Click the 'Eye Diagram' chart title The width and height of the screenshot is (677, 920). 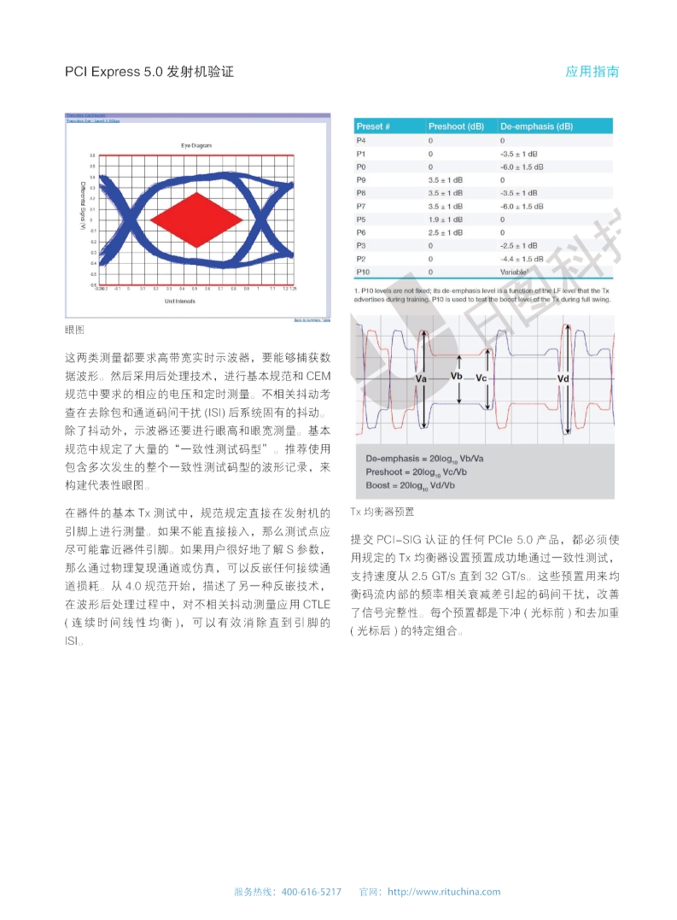tap(196, 145)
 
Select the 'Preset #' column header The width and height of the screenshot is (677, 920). tap(373, 126)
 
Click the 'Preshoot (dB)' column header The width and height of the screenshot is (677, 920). tap(456, 126)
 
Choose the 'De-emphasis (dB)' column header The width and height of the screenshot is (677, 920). tap(536, 126)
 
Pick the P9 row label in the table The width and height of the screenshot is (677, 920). tap(361, 180)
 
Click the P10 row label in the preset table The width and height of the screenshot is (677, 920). tap(363, 272)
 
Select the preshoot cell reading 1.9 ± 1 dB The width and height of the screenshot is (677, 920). tap(446, 220)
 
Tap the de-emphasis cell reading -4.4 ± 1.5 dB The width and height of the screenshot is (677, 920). tap(522, 258)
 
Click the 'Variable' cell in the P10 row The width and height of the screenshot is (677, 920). tap(514, 272)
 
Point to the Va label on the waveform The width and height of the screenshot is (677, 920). tap(421, 378)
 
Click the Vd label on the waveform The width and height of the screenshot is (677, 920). tap(563, 378)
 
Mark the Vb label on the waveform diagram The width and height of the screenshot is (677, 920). tap(457, 376)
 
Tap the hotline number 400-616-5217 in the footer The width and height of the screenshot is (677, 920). tap(311, 892)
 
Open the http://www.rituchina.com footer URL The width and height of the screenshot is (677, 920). tap(444, 892)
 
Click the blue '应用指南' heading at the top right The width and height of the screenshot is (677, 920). tap(592, 72)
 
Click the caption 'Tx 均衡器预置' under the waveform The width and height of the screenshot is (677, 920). tap(382, 512)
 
